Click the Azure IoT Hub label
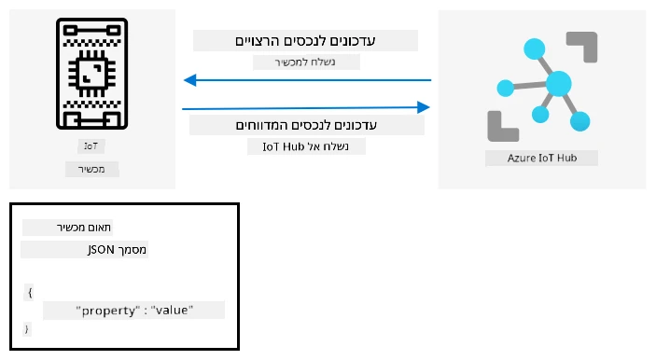coord(542,158)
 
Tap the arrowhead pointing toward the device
coord(190,80)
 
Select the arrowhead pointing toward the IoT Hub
coord(424,107)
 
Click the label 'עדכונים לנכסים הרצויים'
coord(305,41)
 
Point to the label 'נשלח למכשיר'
coord(305,62)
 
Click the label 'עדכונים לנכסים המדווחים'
coord(306,125)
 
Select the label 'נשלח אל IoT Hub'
coord(306,146)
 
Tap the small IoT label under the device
coord(91,145)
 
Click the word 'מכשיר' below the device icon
coord(91,170)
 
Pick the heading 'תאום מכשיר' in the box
coord(84,228)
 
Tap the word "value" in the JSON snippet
coord(172,311)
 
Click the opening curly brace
coord(30,292)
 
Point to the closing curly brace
coord(27,328)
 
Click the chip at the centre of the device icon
coord(92,74)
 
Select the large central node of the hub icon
coord(559,84)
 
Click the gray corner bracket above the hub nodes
coord(588,40)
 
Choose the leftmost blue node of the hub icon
coord(506,89)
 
